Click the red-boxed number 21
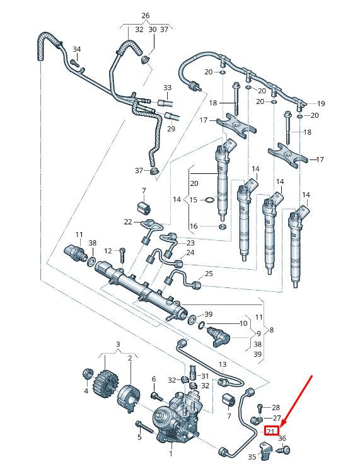click(x=271, y=431)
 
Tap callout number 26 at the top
click(x=146, y=15)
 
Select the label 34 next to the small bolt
click(x=77, y=49)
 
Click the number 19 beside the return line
click(x=321, y=103)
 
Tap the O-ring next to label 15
click(x=210, y=200)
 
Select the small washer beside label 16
click(x=223, y=226)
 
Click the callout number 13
click(x=223, y=364)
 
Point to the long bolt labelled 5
click(x=146, y=427)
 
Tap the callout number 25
click(x=209, y=274)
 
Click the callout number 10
click(x=243, y=323)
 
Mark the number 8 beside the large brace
click(x=272, y=330)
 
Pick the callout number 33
click(x=168, y=88)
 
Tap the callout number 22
click(x=128, y=222)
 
